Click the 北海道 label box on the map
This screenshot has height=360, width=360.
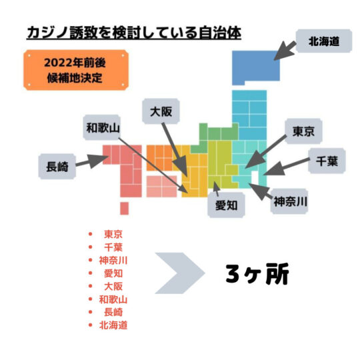pos(324,41)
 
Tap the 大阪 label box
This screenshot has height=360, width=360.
pos(161,111)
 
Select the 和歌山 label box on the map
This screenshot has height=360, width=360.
pos(102,127)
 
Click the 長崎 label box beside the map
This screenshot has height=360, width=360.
pos(57,166)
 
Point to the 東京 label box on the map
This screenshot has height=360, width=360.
pos(303,131)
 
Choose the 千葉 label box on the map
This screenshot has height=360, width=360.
pos(327,161)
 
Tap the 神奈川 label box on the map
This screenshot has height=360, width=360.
pos(289,201)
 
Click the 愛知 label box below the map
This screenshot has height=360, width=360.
pos(226,205)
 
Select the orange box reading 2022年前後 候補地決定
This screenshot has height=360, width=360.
pos(76,70)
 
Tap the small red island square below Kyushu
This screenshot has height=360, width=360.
pos(124,208)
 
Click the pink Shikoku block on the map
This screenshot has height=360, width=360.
pos(161,186)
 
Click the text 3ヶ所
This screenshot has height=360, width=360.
pos(257,274)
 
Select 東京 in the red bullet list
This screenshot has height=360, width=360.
pos(113,234)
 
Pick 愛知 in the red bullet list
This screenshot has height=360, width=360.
pos(113,273)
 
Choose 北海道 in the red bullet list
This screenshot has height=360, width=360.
pos(113,325)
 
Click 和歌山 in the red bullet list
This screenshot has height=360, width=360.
pos(113,299)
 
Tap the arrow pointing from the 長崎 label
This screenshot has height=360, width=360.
pos(92,161)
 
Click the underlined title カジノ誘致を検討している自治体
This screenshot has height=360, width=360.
pos(134,33)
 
